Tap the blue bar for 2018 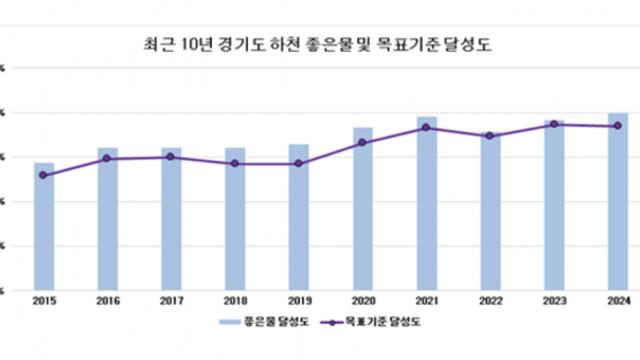coord(235,225)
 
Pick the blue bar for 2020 coord(363,215)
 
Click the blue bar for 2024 coord(618,205)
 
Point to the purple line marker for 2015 coord(44,175)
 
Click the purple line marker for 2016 coord(107,159)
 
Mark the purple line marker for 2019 coord(299,163)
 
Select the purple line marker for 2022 coord(490,136)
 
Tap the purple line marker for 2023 coord(554,124)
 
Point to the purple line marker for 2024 coord(618,126)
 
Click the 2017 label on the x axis coord(171,299)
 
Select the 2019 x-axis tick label coord(299,299)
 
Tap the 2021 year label coord(427,299)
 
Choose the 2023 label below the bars coord(554,299)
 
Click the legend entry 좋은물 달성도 coord(276,323)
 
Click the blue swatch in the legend coord(230,323)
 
